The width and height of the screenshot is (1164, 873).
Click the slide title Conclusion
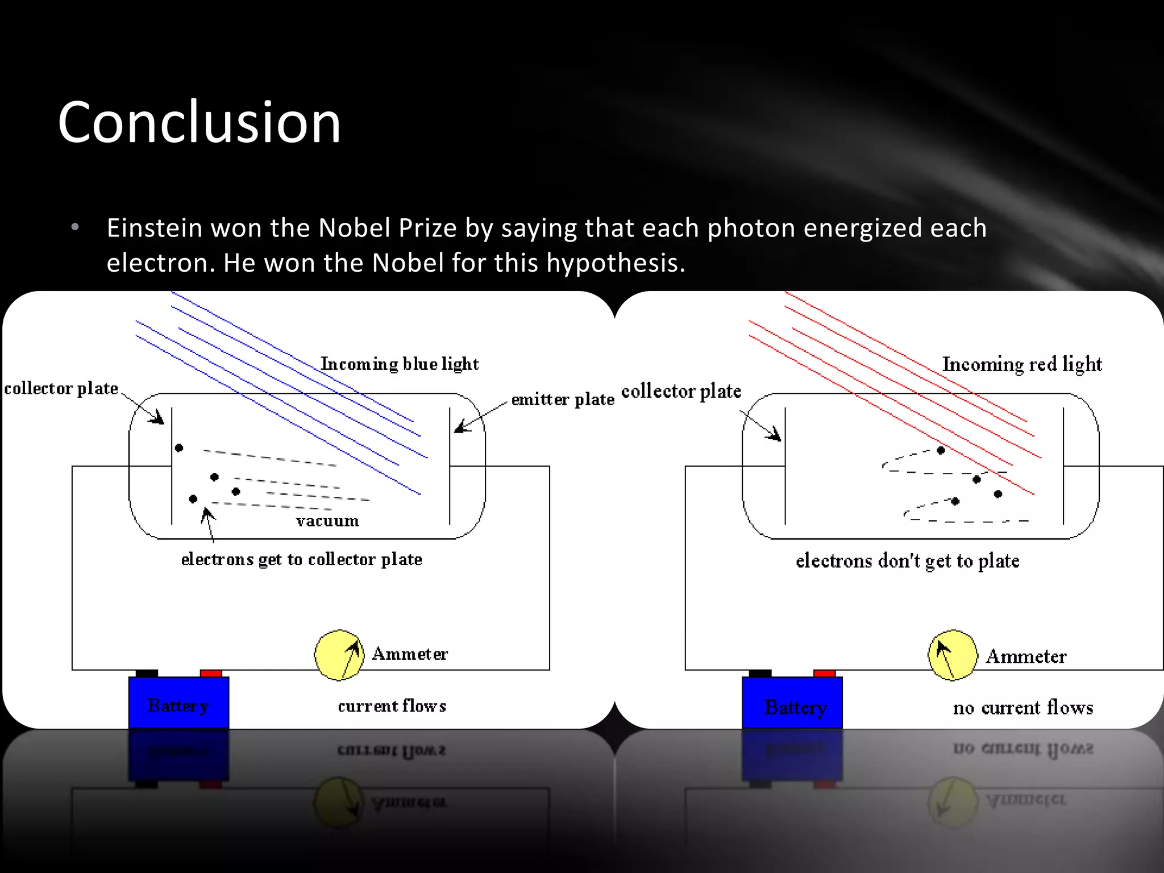click(199, 122)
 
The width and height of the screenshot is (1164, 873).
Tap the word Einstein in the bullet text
click(155, 228)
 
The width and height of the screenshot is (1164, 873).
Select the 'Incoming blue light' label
click(400, 364)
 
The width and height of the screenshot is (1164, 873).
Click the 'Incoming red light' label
click(1022, 364)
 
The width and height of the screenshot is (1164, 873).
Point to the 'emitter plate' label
click(563, 400)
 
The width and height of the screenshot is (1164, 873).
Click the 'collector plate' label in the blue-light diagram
click(61, 388)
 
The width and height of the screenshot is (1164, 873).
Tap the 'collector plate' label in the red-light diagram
click(681, 391)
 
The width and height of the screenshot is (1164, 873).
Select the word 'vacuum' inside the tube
click(327, 521)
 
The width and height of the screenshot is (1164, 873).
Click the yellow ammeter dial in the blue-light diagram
click(339, 655)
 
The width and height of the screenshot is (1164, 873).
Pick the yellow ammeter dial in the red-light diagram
click(953, 655)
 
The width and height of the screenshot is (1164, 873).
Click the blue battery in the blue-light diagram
click(178, 702)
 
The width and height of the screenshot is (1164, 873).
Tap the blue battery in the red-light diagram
click(792, 702)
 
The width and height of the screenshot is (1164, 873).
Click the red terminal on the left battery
click(211, 674)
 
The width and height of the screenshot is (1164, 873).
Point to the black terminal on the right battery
click(760, 674)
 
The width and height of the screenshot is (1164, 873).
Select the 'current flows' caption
click(392, 706)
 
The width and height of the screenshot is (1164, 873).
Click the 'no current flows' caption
click(1023, 708)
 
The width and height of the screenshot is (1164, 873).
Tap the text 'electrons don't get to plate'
click(907, 561)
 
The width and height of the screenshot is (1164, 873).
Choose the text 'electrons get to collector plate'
click(301, 559)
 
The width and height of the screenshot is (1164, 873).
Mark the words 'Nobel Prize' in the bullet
click(388, 228)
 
